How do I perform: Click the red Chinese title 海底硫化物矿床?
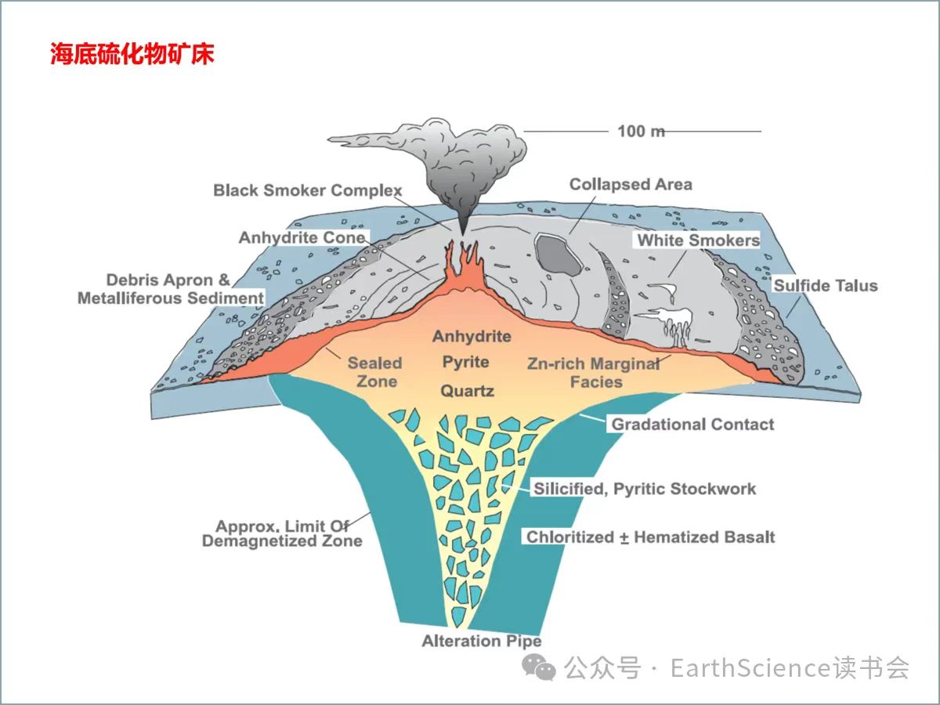132,55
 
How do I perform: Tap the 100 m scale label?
641,131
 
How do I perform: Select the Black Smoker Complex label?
307,190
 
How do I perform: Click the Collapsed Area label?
631,185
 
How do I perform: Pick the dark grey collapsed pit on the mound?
557,255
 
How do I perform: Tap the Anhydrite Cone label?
302,237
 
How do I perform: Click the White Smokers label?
698,240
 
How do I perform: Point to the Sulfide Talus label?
826,285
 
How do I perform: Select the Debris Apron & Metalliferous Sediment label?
170,289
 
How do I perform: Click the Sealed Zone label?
375,372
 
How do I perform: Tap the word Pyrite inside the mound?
465,363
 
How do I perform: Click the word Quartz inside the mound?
467,390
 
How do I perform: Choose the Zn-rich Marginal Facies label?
592,373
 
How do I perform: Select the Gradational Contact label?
692,425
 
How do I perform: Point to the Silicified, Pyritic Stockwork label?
645,489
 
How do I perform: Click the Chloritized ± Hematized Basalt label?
650,537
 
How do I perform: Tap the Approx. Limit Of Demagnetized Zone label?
282,533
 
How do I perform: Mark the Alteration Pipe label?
482,641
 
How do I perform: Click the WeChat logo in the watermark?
539,667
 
